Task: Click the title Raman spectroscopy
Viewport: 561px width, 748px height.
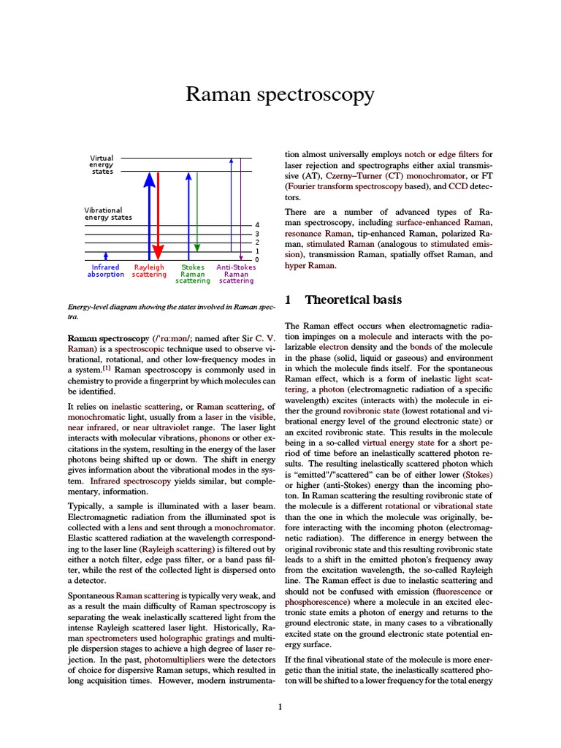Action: pos(280,95)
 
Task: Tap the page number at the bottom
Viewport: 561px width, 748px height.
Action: pos(280,706)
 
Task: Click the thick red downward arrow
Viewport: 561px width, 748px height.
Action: pos(159,219)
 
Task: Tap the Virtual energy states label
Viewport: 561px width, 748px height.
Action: pos(102,164)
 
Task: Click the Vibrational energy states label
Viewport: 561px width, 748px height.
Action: pos(113,214)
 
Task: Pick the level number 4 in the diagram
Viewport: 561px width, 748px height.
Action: pos(256,224)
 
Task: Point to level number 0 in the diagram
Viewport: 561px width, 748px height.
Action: pos(256,260)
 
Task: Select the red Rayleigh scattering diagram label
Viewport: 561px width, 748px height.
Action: pos(149,271)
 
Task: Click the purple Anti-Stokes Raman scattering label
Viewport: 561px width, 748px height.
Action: pos(236,274)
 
